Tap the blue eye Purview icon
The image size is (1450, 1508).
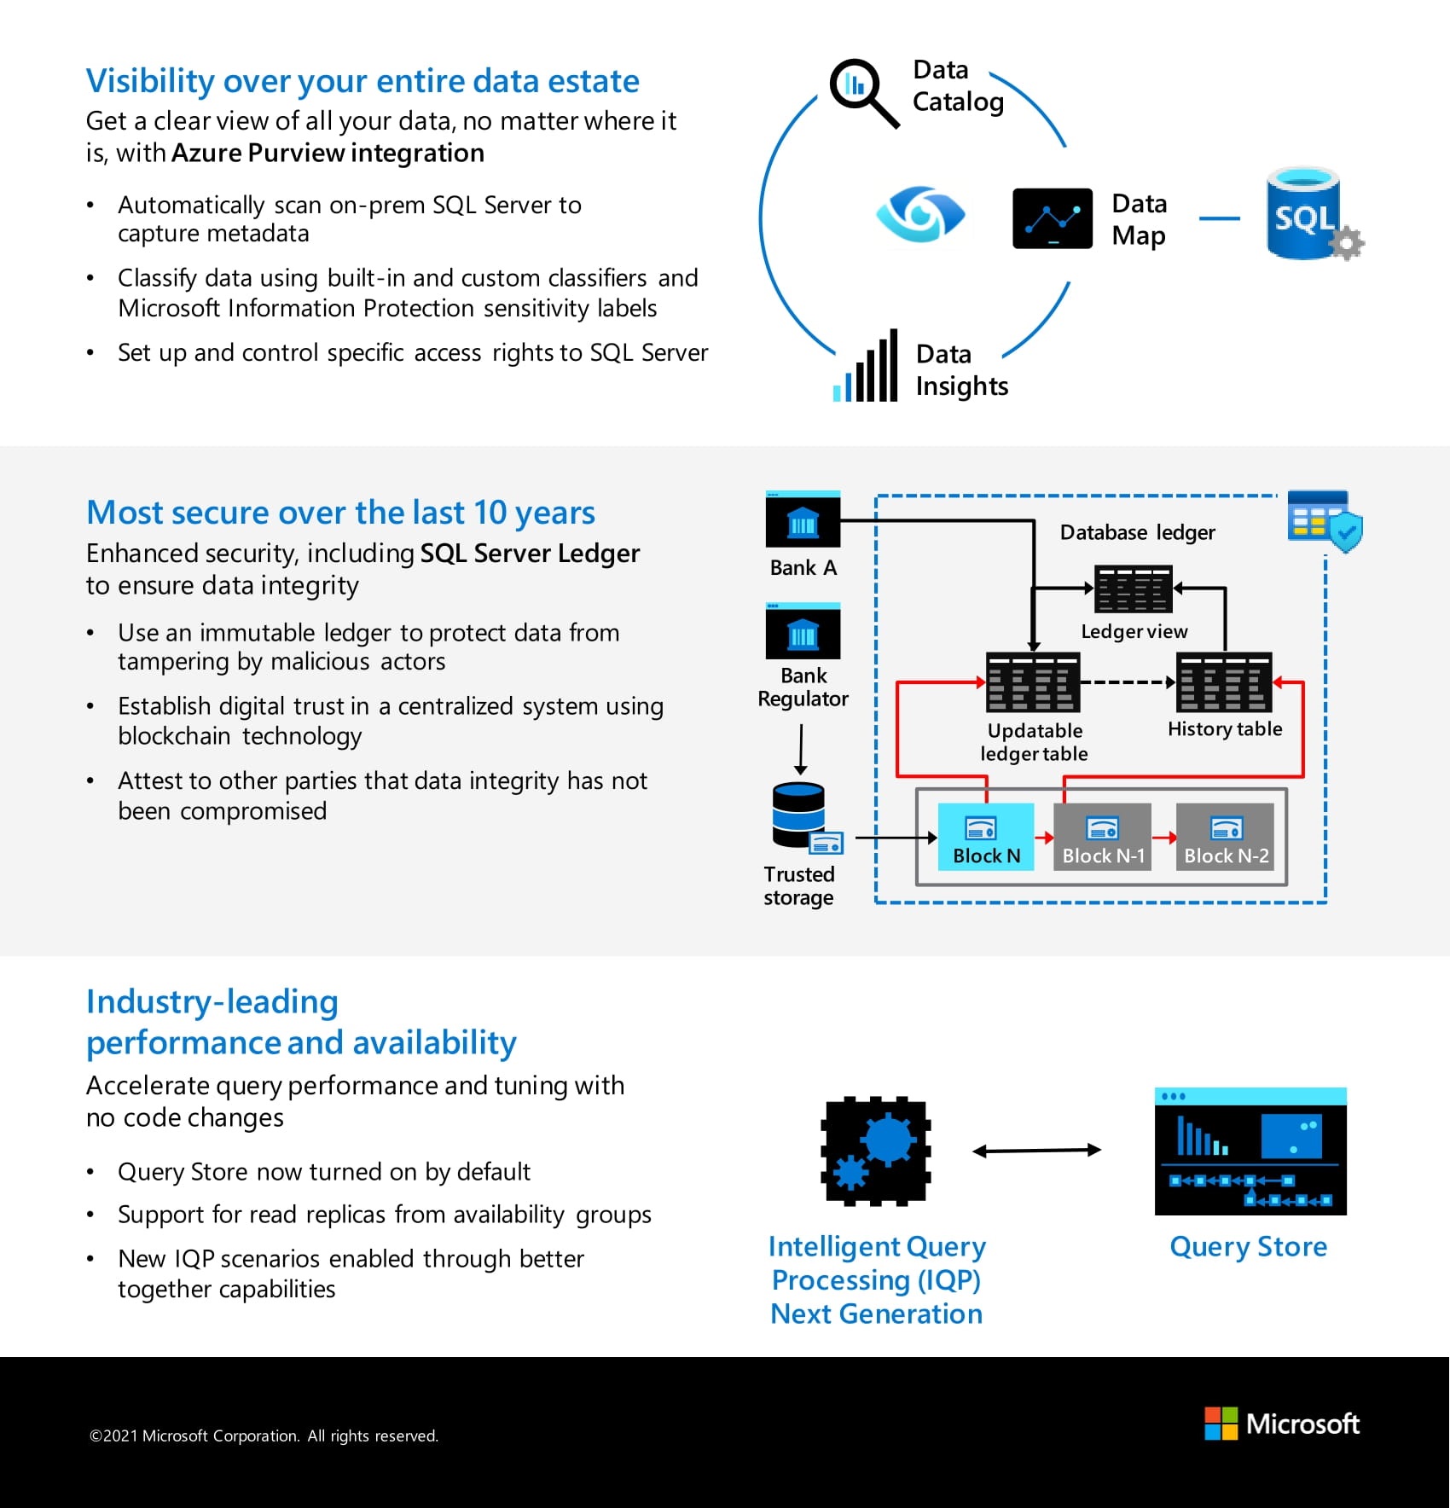[x=920, y=213]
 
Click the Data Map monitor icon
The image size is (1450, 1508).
[x=1053, y=218]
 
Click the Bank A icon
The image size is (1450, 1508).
[x=803, y=519]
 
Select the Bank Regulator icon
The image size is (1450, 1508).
[x=803, y=631]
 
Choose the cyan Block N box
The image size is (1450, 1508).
[x=985, y=837]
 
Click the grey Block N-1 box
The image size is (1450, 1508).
[x=1102, y=837]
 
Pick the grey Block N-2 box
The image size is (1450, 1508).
[x=1225, y=837]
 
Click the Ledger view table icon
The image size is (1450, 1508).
[x=1134, y=589]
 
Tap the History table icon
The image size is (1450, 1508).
[x=1224, y=682]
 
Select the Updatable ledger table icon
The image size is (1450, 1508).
[x=1033, y=682]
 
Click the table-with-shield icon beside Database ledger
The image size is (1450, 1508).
[x=1324, y=518]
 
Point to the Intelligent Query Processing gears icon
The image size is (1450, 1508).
[x=876, y=1151]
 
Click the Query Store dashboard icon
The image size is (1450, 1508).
[x=1250, y=1151]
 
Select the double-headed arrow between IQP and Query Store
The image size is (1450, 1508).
[x=1036, y=1151]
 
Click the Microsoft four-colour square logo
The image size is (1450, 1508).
[x=1221, y=1424]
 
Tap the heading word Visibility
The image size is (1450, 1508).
[x=150, y=82]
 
